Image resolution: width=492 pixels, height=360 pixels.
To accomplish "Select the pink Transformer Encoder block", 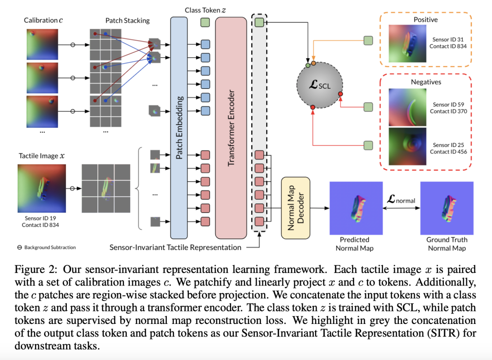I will pyautogui.click(x=231, y=127).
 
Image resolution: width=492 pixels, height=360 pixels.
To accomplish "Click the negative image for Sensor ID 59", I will pyautogui.click(x=404, y=107).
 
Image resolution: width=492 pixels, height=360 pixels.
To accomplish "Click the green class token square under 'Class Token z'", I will pyautogui.click(x=205, y=22).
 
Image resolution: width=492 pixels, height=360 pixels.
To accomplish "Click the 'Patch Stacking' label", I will pyautogui.click(x=127, y=21).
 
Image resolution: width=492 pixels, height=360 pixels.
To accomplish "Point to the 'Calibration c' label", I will pyautogui.click(x=43, y=21).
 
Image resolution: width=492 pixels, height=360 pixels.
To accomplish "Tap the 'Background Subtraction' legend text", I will pyautogui.click(x=49, y=248).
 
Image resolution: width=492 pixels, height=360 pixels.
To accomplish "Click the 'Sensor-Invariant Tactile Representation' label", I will pyautogui.click(x=176, y=248).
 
